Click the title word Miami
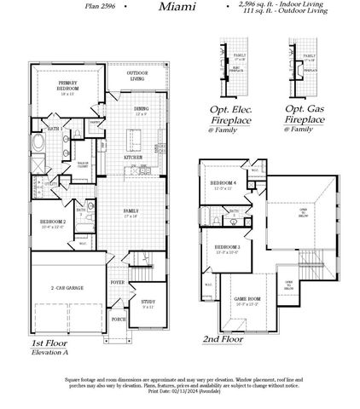pos(177,7)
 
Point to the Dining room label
pos(141,109)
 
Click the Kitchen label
pos(134,158)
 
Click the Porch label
pos(118,319)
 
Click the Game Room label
pos(247,299)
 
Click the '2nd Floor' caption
pos(222,337)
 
